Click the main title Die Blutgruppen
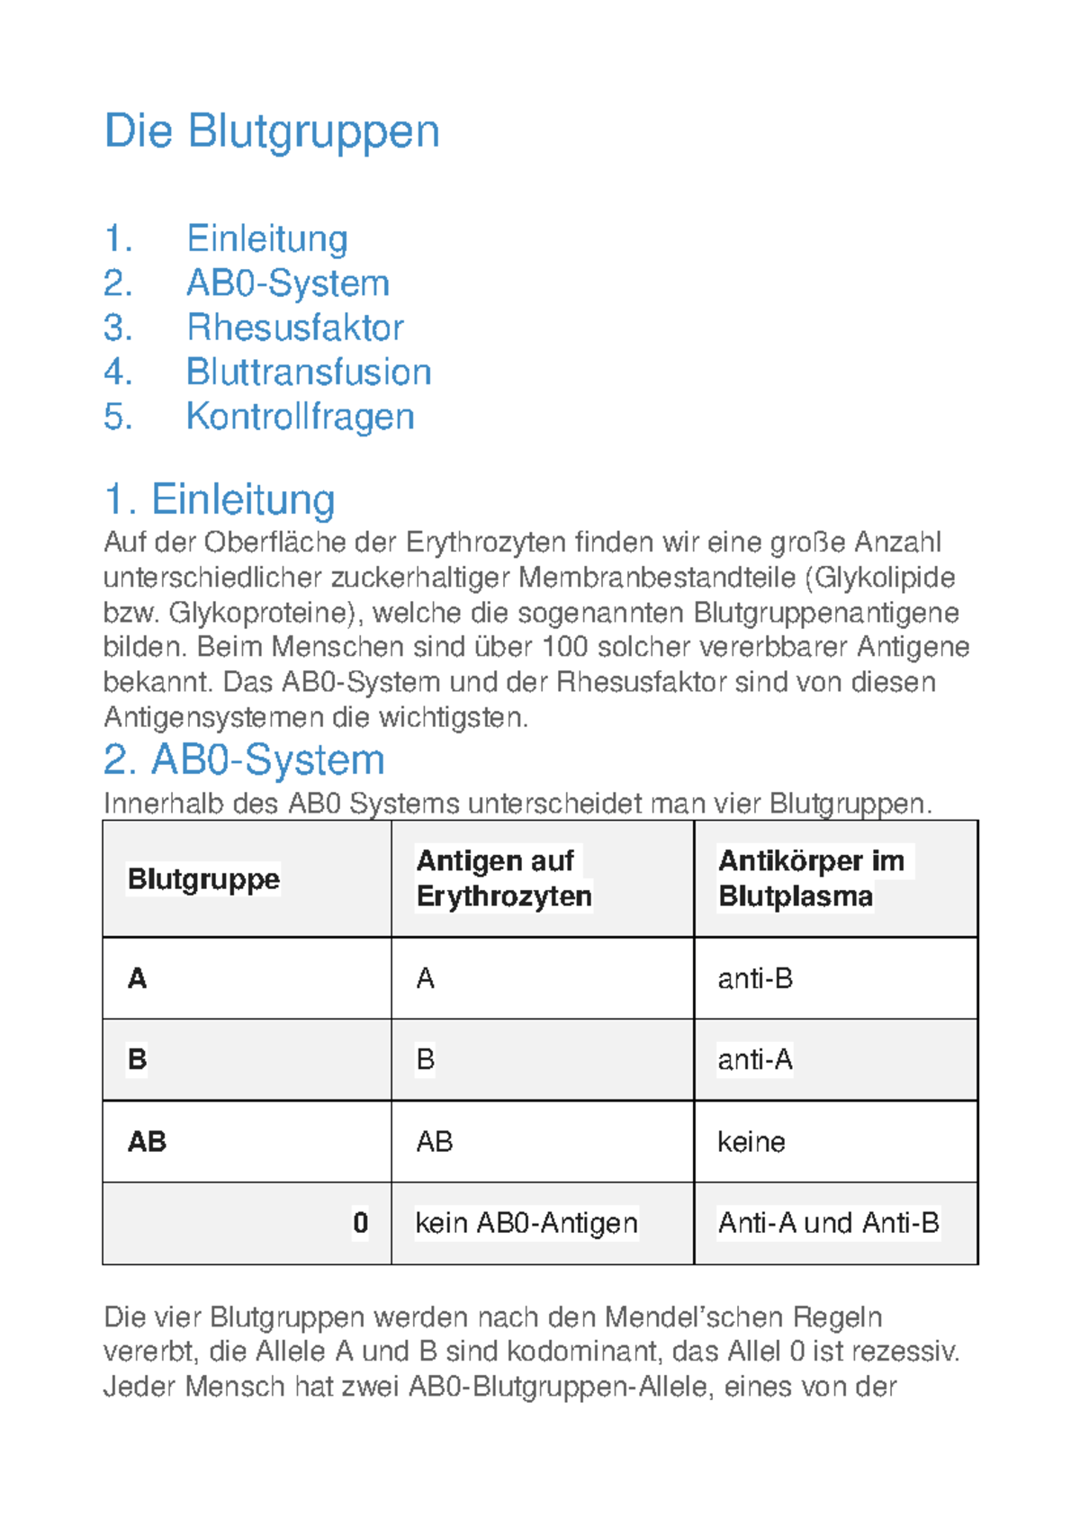click(x=271, y=131)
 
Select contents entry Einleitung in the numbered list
click(x=266, y=239)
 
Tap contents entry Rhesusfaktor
click(x=294, y=328)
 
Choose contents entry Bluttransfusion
click(x=308, y=373)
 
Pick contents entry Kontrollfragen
click(x=300, y=417)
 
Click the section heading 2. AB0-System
click(x=244, y=760)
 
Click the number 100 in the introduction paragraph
click(x=565, y=647)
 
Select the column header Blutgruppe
click(x=203, y=879)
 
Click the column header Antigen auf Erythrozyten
click(x=503, y=879)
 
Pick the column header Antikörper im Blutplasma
click(x=810, y=879)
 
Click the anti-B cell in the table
click(x=754, y=979)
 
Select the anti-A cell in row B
click(x=754, y=1060)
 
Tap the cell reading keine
click(x=751, y=1142)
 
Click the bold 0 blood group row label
click(x=360, y=1224)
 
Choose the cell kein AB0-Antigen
click(x=526, y=1224)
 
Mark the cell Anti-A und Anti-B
click(x=828, y=1224)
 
